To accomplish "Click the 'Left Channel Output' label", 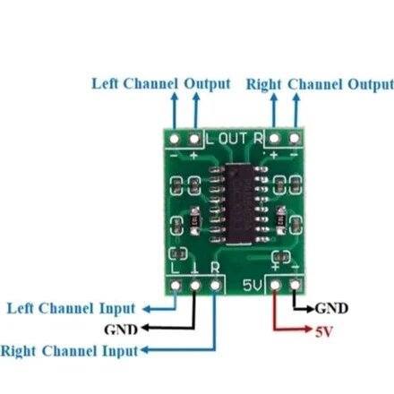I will click(161, 83).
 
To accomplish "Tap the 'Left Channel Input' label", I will click(72, 308).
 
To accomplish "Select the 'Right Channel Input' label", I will click(70, 349).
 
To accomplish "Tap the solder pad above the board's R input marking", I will click(216, 286).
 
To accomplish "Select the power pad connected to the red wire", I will click(275, 286).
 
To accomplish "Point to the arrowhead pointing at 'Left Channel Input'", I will click(143, 308).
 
